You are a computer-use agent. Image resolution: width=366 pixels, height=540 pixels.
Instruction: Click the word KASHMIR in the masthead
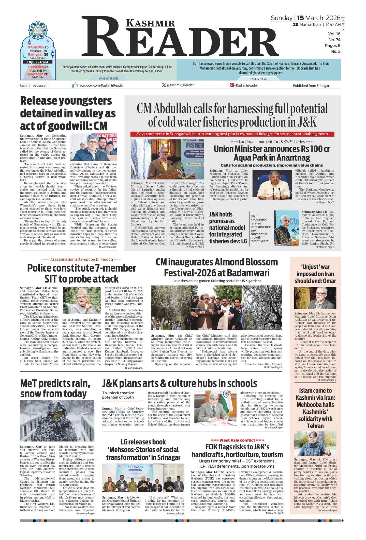[x=150, y=23]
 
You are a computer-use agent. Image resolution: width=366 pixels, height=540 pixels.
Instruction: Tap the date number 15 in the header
[x=300, y=18]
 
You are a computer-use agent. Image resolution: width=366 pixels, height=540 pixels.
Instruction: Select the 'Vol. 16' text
[x=334, y=34]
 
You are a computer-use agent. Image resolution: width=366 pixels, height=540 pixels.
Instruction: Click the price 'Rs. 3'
[x=335, y=52]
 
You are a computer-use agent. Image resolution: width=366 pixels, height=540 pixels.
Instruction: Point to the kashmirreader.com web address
[x=34, y=86]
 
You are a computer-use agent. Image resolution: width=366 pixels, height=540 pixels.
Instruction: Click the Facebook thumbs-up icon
[x=75, y=85]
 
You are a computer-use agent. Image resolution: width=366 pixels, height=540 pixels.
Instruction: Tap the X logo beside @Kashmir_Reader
[x=164, y=85]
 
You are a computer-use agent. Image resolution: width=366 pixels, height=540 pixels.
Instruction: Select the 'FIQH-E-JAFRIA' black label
[x=38, y=62]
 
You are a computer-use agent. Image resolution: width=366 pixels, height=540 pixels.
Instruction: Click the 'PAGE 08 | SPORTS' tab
[x=109, y=79]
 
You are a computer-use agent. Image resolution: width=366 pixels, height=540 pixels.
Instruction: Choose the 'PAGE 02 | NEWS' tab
[x=259, y=79]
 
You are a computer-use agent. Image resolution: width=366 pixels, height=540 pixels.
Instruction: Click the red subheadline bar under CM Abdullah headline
[x=232, y=134]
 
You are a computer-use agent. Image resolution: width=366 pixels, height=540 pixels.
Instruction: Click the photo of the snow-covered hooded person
[x=57, y=421]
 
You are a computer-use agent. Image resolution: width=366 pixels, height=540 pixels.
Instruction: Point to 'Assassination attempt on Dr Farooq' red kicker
[x=81, y=259]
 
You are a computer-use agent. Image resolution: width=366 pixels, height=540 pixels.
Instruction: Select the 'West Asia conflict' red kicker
[x=237, y=440]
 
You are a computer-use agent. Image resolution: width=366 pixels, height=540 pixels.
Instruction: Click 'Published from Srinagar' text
[x=311, y=86]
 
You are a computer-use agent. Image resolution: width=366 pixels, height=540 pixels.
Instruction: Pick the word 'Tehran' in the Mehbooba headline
[x=315, y=426]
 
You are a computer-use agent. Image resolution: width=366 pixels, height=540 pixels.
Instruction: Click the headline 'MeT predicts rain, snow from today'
[x=55, y=388]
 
